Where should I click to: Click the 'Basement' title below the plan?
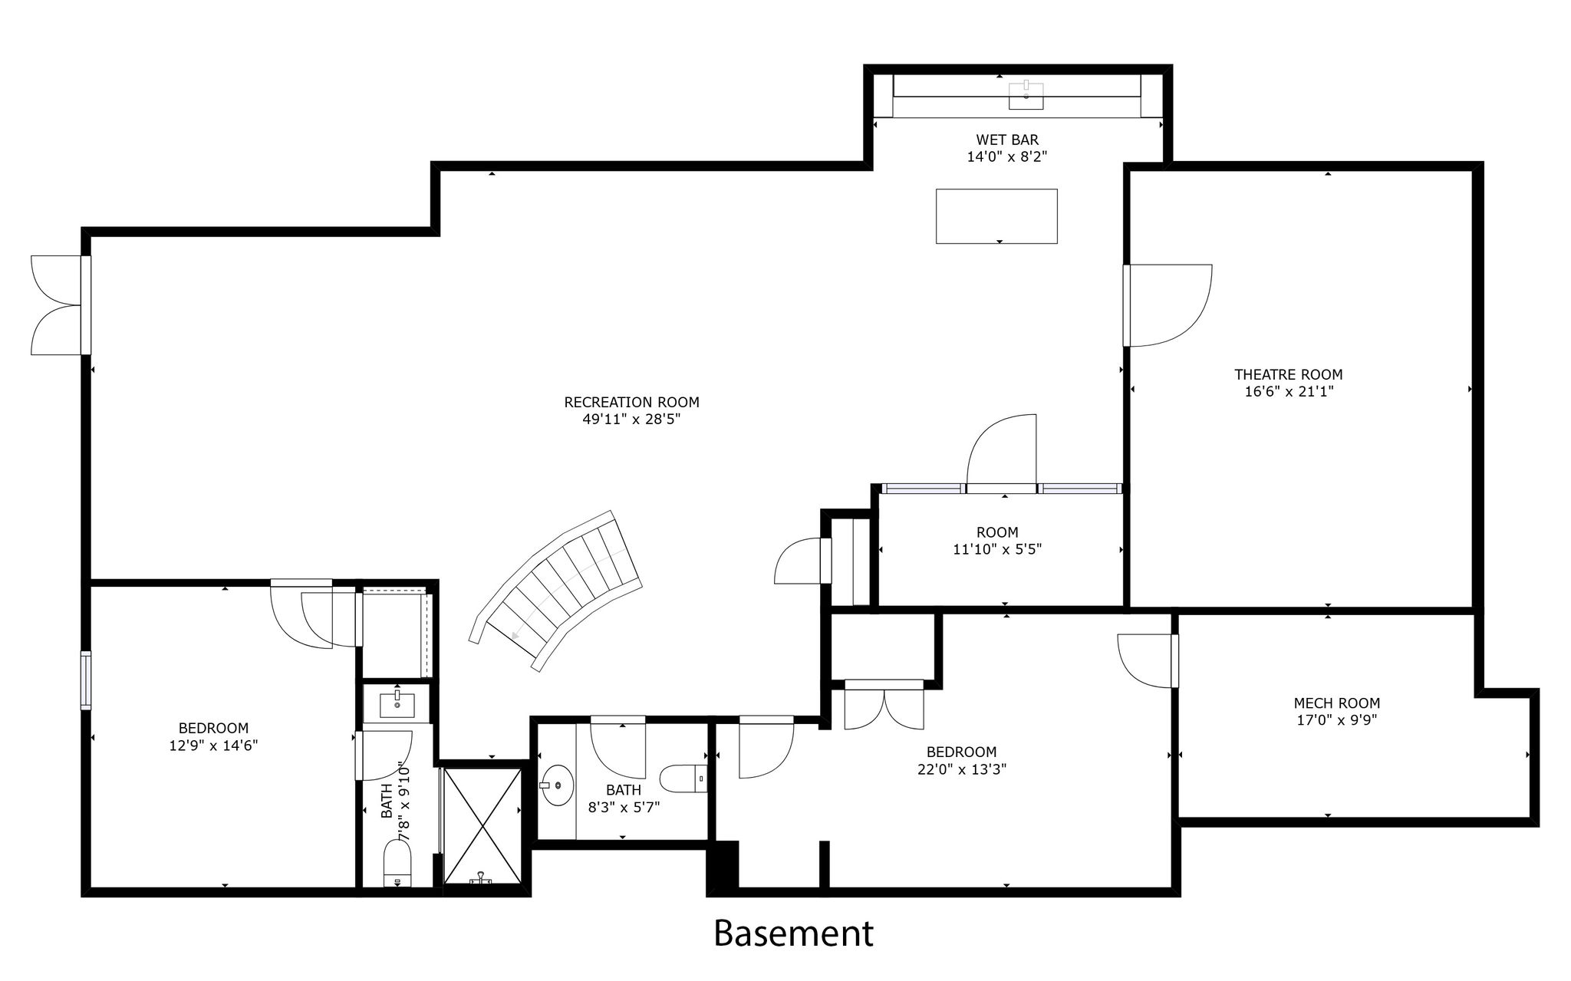click(x=793, y=933)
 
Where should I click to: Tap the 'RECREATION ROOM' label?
click(x=631, y=402)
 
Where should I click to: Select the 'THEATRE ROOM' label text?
click(x=1288, y=374)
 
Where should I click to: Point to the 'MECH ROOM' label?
click(x=1336, y=703)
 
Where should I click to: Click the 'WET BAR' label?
click(x=1007, y=140)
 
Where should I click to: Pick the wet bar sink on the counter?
click(x=1026, y=95)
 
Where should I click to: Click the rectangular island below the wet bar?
click(x=996, y=216)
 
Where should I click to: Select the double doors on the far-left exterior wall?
click(x=58, y=305)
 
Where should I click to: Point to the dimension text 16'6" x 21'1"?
click(x=1288, y=392)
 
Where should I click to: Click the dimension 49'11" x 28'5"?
click(x=631, y=420)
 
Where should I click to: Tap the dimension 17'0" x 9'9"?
click(x=1336, y=720)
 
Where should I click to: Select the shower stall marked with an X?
click(x=482, y=825)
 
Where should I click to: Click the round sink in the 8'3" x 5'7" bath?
click(x=558, y=785)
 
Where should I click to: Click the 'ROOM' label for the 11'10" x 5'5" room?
click(x=997, y=532)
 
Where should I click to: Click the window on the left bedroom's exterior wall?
click(x=86, y=680)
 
